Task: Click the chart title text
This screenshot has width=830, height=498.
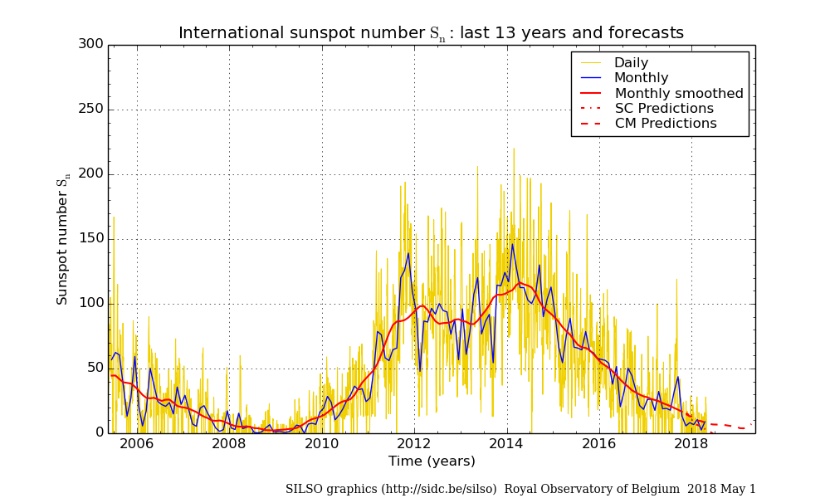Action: [x=431, y=33]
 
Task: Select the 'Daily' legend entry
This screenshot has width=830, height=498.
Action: [x=631, y=63]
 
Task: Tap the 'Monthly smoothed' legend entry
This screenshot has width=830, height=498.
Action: [x=679, y=94]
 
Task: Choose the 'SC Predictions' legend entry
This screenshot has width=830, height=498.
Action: [x=664, y=109]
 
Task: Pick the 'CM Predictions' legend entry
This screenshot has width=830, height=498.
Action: [x=666, y=124]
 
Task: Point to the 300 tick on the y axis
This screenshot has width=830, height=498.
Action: [x=91, y=44]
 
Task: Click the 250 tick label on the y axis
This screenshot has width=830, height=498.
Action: [x=91, y=109]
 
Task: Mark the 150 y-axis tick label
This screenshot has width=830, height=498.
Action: [x=91, y=239]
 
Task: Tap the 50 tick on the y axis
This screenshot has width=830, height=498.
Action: [x=95, y=369]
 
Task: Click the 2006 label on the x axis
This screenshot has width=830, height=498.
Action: [x=137, y=443]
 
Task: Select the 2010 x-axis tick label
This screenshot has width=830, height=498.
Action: [x=322, y=443]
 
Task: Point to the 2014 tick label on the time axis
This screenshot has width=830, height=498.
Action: [x=507, y=443]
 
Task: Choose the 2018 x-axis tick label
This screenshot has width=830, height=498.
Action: [x=692, y=443]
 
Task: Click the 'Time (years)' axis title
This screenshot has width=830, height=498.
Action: [x=432, y=461]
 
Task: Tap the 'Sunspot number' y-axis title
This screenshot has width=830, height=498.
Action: [x=63, y=242]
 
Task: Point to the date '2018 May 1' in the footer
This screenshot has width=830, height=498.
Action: [x=722, y=490]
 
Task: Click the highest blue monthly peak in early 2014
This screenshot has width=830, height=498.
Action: [x=512, y=244]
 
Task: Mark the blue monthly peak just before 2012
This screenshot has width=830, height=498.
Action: [x=408, y=253]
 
